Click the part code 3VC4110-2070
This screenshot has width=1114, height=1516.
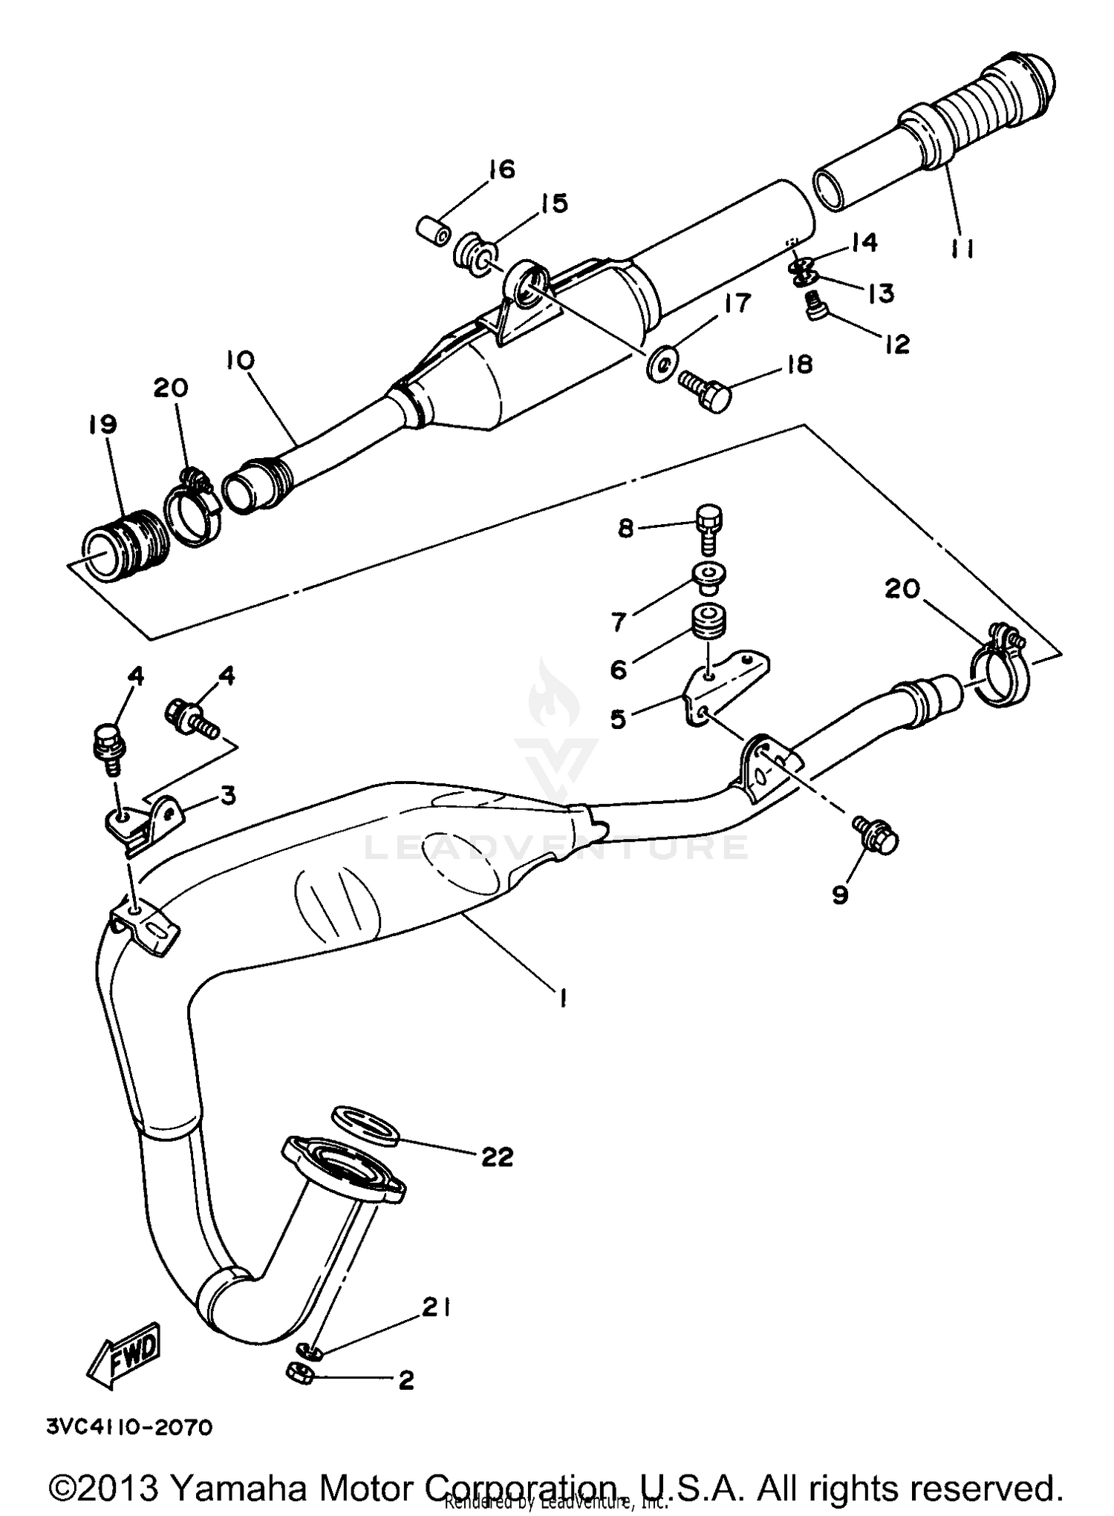coord(129,1427)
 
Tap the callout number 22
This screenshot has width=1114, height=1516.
coord(497,1156)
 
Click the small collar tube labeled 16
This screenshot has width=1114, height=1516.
coord(432,229)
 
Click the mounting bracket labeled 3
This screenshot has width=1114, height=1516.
coord(143,823)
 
